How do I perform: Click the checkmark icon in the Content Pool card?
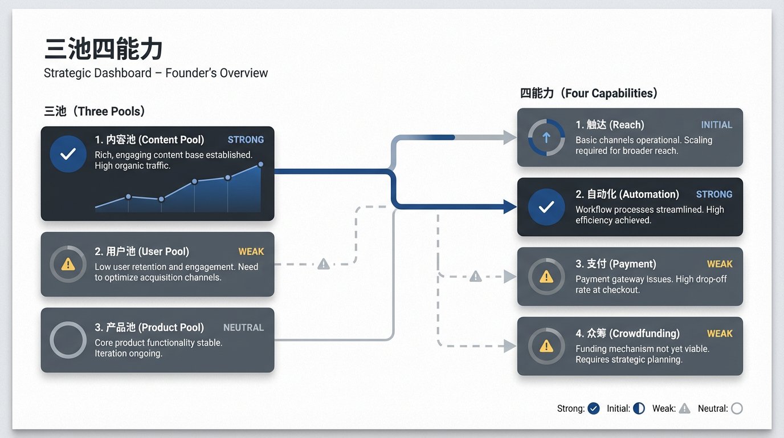[68, 154]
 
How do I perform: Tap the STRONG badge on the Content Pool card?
[246, 140]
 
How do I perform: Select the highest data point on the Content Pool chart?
[261, 164]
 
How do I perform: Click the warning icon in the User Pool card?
[68, 264]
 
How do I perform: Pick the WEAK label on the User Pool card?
[251, 252]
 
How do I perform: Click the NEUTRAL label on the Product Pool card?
[244, 327]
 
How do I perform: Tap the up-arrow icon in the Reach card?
[546, 137]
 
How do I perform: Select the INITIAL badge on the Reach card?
[716, 125]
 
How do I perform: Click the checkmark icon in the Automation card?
[546, 206]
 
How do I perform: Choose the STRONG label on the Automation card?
[714, 194]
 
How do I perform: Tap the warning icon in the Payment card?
[546, 277]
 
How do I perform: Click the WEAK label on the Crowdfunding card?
[720, 334]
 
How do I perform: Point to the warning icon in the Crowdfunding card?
[546, 347]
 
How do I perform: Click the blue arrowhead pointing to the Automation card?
[510, 206]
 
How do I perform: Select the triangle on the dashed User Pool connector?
[324, 264]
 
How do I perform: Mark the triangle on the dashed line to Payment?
[475, 277]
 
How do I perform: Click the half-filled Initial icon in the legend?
[639, 408]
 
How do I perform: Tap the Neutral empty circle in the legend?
[737, 408]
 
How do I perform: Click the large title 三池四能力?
[103, 48]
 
